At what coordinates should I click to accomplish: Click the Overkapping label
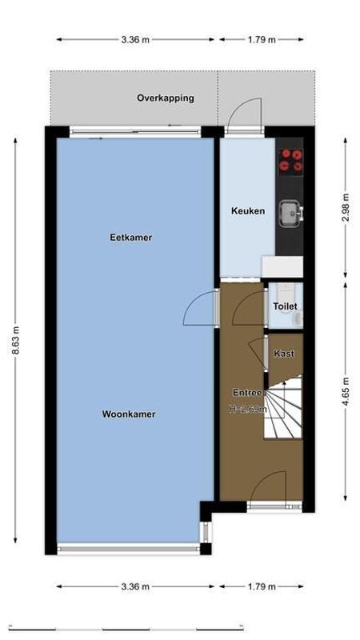tap(165, 98)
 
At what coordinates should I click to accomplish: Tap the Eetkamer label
tap(130, 238)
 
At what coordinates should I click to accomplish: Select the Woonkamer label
tap(128, 414)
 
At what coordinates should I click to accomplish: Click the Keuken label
tap(247, 211)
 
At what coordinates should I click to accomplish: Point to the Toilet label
tap(285, 306)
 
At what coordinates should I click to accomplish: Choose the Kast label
tap(283, 354)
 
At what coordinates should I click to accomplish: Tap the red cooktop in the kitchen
tap(290, 160)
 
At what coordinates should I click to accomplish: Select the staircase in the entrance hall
tap(284, 408)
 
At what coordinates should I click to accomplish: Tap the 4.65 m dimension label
tap(346, 392)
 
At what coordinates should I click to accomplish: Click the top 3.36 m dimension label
tap(135, 38)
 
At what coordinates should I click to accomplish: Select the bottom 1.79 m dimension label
tap(261, 587)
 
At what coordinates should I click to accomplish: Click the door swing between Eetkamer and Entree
tap(200, 310)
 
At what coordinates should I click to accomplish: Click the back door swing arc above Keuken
tap(244, 113)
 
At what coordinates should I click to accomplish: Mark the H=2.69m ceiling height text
tap(247, 409)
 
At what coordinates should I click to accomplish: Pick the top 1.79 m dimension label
tap(261, 38)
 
